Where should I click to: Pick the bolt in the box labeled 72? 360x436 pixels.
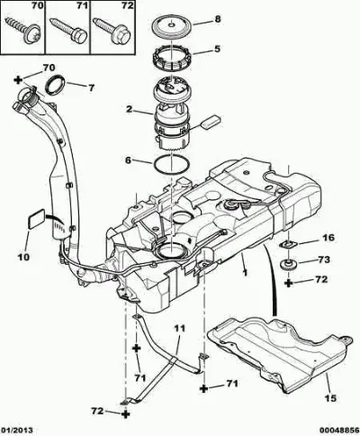(112, 30)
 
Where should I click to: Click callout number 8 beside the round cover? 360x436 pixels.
(218, 19)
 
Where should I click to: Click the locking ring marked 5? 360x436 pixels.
(172, 59)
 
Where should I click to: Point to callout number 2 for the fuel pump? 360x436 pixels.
(129, 109)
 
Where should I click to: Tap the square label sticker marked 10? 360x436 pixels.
(37, 220)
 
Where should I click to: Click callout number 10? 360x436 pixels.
(24, 257)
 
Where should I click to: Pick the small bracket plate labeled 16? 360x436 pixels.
(288, 245)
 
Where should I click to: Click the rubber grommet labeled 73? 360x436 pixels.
(289, 265)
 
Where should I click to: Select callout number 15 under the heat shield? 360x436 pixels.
(330, 398)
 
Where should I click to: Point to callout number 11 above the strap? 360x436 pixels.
(180, 328)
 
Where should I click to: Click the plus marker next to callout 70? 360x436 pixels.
(19, 79)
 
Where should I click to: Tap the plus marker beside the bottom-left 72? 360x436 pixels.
(126, 414)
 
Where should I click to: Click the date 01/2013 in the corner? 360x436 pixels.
(17, 431)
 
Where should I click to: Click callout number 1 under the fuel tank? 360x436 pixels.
(245, 273)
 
